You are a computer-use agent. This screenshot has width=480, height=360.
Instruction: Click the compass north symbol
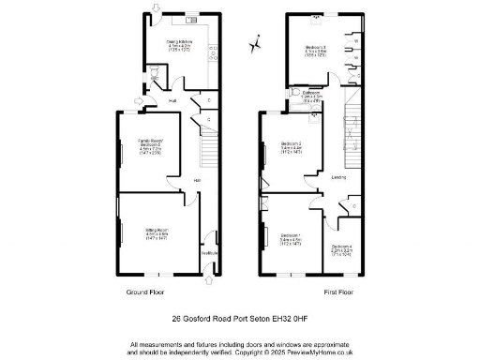pos(254,42)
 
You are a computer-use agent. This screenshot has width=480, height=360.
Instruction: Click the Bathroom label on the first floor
pos(312,94)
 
